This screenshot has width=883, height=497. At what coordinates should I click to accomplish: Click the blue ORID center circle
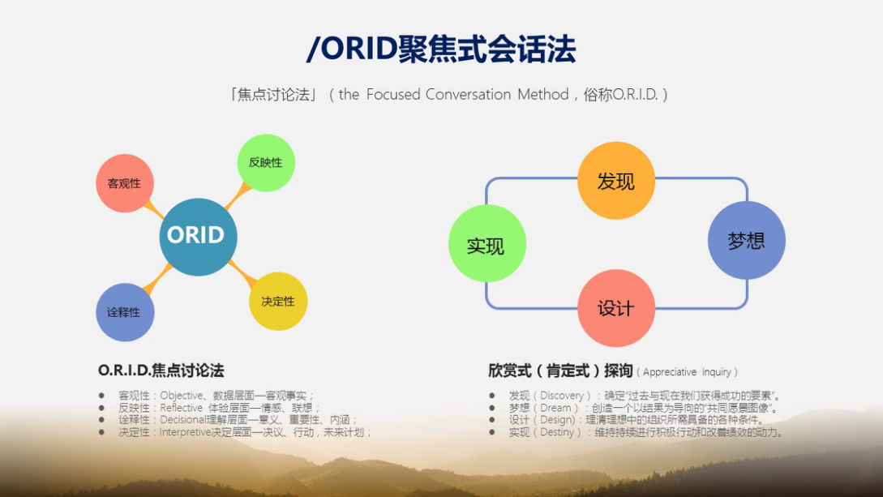click(x=198, y=237)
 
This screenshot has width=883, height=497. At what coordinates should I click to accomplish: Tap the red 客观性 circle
click(x=125, y=183)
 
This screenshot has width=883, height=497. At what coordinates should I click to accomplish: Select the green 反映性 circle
click(x=266, y=162)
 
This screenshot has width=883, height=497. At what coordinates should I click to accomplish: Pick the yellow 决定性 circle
click(x=278, y=302)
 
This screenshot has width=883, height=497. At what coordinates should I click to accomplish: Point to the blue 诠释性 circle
click(x=125, y=312)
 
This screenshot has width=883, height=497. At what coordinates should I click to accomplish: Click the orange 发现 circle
click(x=616, y=181)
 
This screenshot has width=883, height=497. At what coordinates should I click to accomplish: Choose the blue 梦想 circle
click(x=746, y=241)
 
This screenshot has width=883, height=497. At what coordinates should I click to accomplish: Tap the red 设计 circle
click(x=616, y=308)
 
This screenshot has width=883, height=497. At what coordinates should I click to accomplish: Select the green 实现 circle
click(x=487, y=244)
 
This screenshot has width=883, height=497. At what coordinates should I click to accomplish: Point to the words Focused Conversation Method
click(x=467, y=95)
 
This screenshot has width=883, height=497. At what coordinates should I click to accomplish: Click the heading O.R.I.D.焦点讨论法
click(x=161, y=371)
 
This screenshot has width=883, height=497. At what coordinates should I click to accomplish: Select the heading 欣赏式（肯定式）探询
click(x=560, y=371)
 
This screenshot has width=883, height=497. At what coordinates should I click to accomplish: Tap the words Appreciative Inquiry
click(x=687, y=372)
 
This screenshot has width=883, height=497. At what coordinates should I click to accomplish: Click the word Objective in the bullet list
click(x=181, y=396)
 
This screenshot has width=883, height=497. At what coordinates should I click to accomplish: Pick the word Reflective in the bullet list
click(x=182, y=408)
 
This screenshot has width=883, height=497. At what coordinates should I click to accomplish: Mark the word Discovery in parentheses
click(x=562, y=396)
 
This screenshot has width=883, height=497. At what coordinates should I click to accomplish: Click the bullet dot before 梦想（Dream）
click(x=492, y=408)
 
